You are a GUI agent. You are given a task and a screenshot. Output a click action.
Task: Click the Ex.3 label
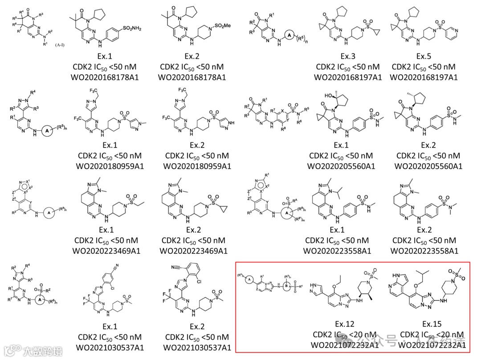click(347, 57)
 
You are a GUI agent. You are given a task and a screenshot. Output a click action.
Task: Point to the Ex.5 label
click(424, 57)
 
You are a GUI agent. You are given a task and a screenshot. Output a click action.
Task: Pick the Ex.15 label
click(432, 324)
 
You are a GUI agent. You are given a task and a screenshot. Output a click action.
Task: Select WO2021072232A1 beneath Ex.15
click(432, 345)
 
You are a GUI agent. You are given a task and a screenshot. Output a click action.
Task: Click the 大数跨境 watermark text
click(44, 351)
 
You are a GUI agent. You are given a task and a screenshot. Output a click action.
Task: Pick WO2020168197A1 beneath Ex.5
click(424, 77)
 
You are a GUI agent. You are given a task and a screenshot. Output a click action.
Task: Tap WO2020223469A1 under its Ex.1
click(106, 251)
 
